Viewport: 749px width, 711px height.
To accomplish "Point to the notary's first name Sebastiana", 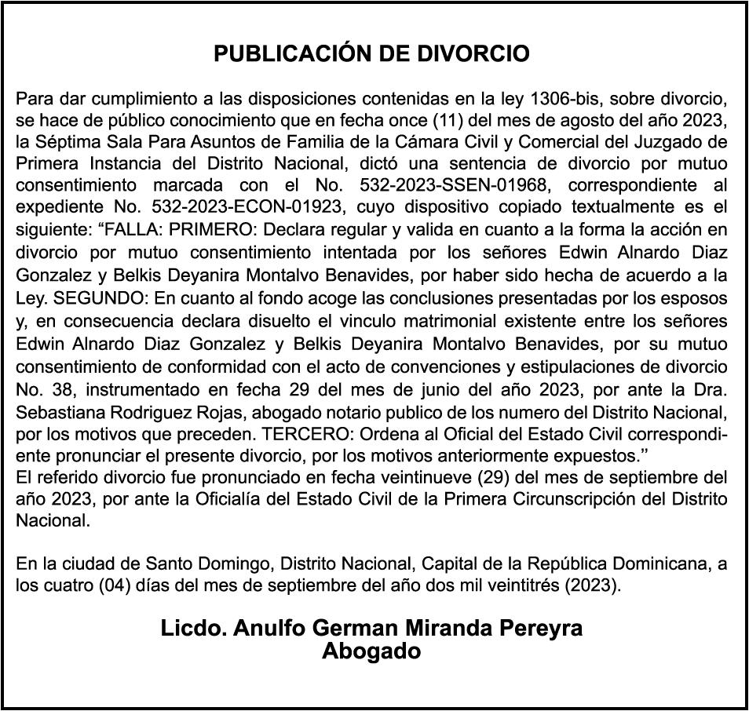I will [57, 411].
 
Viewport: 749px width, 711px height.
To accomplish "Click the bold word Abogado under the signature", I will [371, 652].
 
